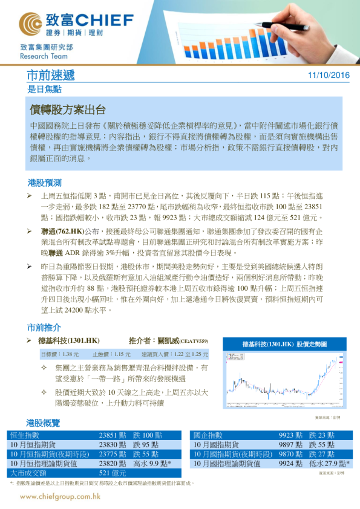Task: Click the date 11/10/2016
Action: pyautogui.click(x=329, y=76)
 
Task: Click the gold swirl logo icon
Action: pyautogui.click(x=31, y=23)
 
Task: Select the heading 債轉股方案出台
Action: pyautogui.click(x=68, y=110)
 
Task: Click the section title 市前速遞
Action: pyautogui.click(x=51, y=76)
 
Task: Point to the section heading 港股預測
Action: pyautogui.click(x=44, y=182)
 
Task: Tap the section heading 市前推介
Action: pyautogui.click(x=44, y=327)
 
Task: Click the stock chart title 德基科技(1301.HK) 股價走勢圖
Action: pyautogui.click(x=283, y=343)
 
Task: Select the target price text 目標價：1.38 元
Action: pyautogui.click(x=59, y=354)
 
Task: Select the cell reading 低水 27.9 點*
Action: pyautogui.click(x=329, y=463)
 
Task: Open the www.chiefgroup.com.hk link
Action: pyautogui.click(x=61, y=497)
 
